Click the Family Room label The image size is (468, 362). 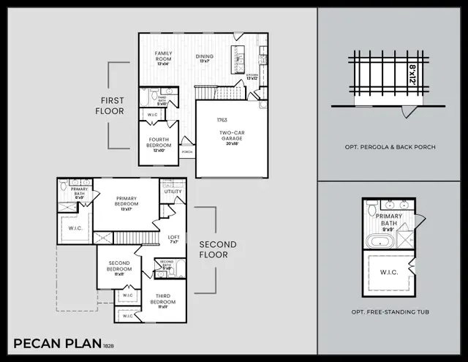(x=162, y=57)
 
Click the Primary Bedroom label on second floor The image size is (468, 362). (x=127, y=201)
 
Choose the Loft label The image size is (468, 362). (x=173, y=238)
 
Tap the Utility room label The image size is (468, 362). (x=173, y=192)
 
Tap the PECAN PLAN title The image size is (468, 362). (x=58, y=342)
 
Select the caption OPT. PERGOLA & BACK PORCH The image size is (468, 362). (x=390, y=147)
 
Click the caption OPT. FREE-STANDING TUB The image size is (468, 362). (x=390, y=312)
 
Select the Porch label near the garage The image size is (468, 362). (x=187, y=153)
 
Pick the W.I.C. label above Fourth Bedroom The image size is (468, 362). (x=154, y=114)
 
